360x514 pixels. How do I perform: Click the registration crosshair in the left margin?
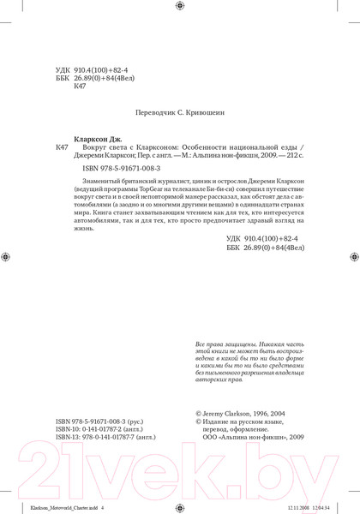[x=7, y=254]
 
